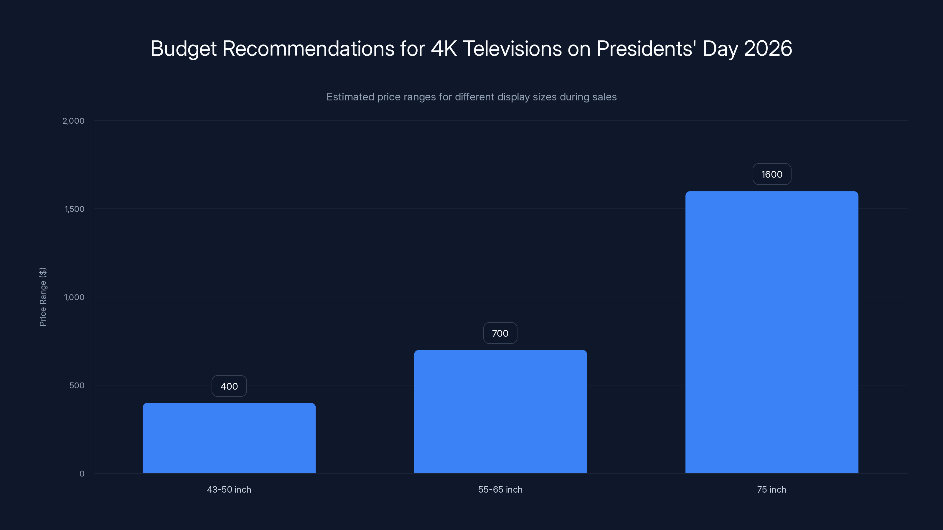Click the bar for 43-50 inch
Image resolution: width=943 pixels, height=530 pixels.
pos(229,438)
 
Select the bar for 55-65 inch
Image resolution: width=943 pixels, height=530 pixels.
pos(500,412)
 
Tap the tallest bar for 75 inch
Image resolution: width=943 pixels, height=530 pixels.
pos(772,332)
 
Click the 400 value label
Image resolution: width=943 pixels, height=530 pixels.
pos(229,386)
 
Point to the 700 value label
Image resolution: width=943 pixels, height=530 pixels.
pos(500,333)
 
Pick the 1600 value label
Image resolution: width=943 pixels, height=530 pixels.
pos(772,174)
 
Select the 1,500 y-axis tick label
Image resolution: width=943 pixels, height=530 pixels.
pos(74,209)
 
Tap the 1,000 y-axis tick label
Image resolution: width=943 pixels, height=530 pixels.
pos(74,297)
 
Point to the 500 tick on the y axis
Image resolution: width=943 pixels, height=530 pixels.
pos(77,385)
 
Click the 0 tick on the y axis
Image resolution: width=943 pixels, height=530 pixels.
pos(82,474)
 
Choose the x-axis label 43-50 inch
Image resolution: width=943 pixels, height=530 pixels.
pos(229,489)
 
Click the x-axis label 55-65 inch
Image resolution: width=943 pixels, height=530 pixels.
pos(500,489)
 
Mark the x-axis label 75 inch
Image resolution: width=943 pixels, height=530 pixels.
pos(772,489)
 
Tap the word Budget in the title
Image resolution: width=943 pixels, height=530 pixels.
pos(183,49)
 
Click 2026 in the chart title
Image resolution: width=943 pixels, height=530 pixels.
pos(768,49)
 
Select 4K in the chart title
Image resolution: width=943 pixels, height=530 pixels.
pos(444,49)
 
